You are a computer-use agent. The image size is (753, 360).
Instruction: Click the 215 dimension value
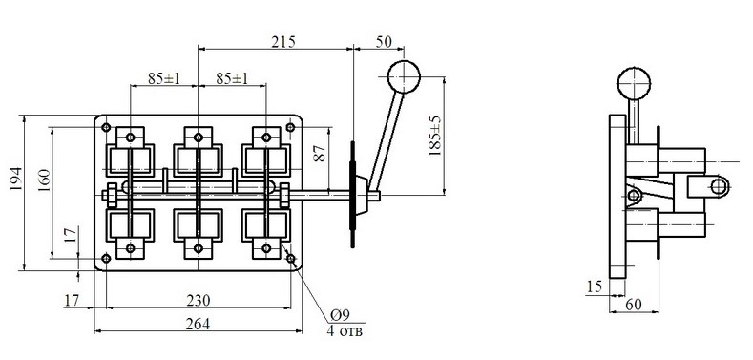pyautogui.click(x=283, y=41)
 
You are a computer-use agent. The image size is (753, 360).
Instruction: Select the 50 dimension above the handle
pyautogui.click(x=384, y=42)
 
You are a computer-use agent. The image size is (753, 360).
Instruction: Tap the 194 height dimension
pyautogui.click(x=16, y=179)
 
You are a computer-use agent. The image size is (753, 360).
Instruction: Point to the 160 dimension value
pyautogui.click(x=44, y=180)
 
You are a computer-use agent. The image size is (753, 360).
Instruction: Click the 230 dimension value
pyautogui.click(x=199, y=301)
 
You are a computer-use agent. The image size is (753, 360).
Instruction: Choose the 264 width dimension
pyautogui.click(x=199, y=324)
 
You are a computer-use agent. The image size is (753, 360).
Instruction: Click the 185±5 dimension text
pyautogui.click(x=434, y=136)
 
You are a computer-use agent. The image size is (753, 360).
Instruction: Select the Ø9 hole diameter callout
pyautogui.click(x=341, y=315)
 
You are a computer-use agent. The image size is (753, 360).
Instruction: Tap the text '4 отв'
pyautogui.click(x=345, y=330)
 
